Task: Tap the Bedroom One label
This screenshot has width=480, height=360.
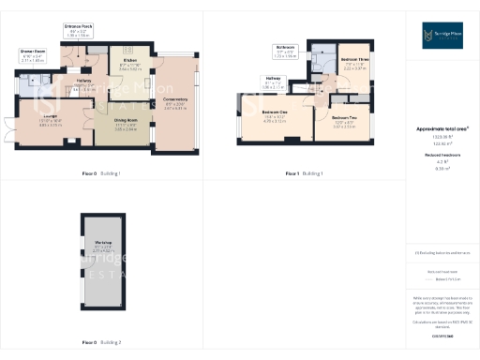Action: [275, 114]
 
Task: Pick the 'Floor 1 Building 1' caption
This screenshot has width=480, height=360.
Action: [305, 173]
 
